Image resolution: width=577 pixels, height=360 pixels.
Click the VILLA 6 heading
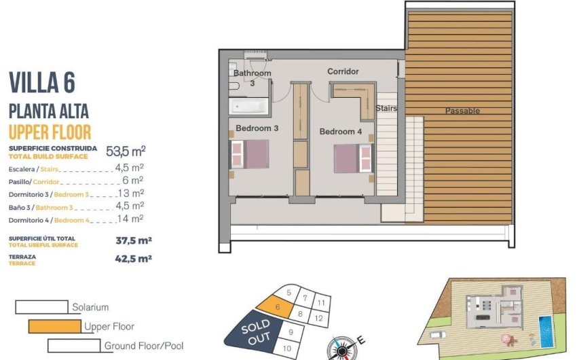(x=41, y=83)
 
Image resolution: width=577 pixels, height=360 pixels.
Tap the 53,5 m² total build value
(x=126, y=151)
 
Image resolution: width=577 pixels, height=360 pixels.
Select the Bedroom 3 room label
(x=257, y=128)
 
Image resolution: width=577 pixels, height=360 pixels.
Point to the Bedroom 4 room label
(x=341, y=131)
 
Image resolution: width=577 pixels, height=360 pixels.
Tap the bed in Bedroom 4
(x=354, y=158)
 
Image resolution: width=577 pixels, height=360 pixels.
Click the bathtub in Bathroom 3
(x=248, y=106)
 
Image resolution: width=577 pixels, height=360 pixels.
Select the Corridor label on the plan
(x=343, y=71)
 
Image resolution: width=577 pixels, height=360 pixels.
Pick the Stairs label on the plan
(x=386, y=108)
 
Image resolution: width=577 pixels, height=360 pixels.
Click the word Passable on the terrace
(x=462, y=111)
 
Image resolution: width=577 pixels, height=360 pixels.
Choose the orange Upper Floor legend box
(x=55, y=326)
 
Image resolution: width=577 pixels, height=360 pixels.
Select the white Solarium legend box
(x=41, y=307)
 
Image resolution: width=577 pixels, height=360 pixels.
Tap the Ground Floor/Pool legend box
(x=74, y=345)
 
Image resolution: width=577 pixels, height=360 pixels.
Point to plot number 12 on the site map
(x=318, y=317)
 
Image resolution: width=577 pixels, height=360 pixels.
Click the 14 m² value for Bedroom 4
(x=130, y=219)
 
